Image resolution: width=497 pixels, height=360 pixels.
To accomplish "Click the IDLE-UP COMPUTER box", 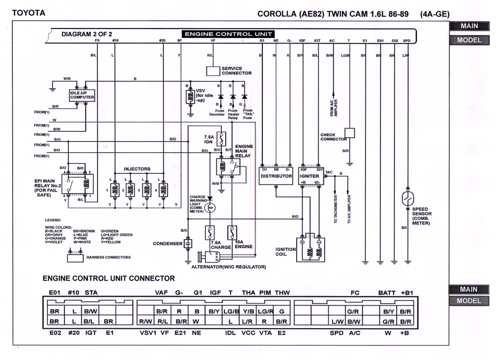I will click(x=82, y=95).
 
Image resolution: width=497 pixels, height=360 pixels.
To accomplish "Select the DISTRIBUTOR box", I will click(x=276, y=176).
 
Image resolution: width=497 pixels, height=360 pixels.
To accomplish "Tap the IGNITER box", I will click(x=312, y=176).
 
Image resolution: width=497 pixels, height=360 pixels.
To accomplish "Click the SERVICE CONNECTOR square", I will click(x=213, y=71).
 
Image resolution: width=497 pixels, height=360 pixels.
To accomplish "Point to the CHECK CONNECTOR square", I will click(x=349, y=133).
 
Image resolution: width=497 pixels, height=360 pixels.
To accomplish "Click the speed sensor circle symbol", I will click(x=408, y=198).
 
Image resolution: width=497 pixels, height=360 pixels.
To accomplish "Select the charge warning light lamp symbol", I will click(x=209, y=207).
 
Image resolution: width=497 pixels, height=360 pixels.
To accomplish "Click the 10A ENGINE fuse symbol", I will click(x=232, y=232).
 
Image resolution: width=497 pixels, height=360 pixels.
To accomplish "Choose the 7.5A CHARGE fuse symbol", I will click(x=209, y=232).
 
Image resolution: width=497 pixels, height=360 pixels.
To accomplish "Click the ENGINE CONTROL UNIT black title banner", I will click(x=228, y=34).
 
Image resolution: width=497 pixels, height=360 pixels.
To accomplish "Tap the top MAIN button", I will click(x=469, y=26).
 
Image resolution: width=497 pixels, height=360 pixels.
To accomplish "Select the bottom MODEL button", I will click(x=469, y=301).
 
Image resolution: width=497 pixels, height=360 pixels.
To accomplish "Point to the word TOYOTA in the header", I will click(x=29, y=13).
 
